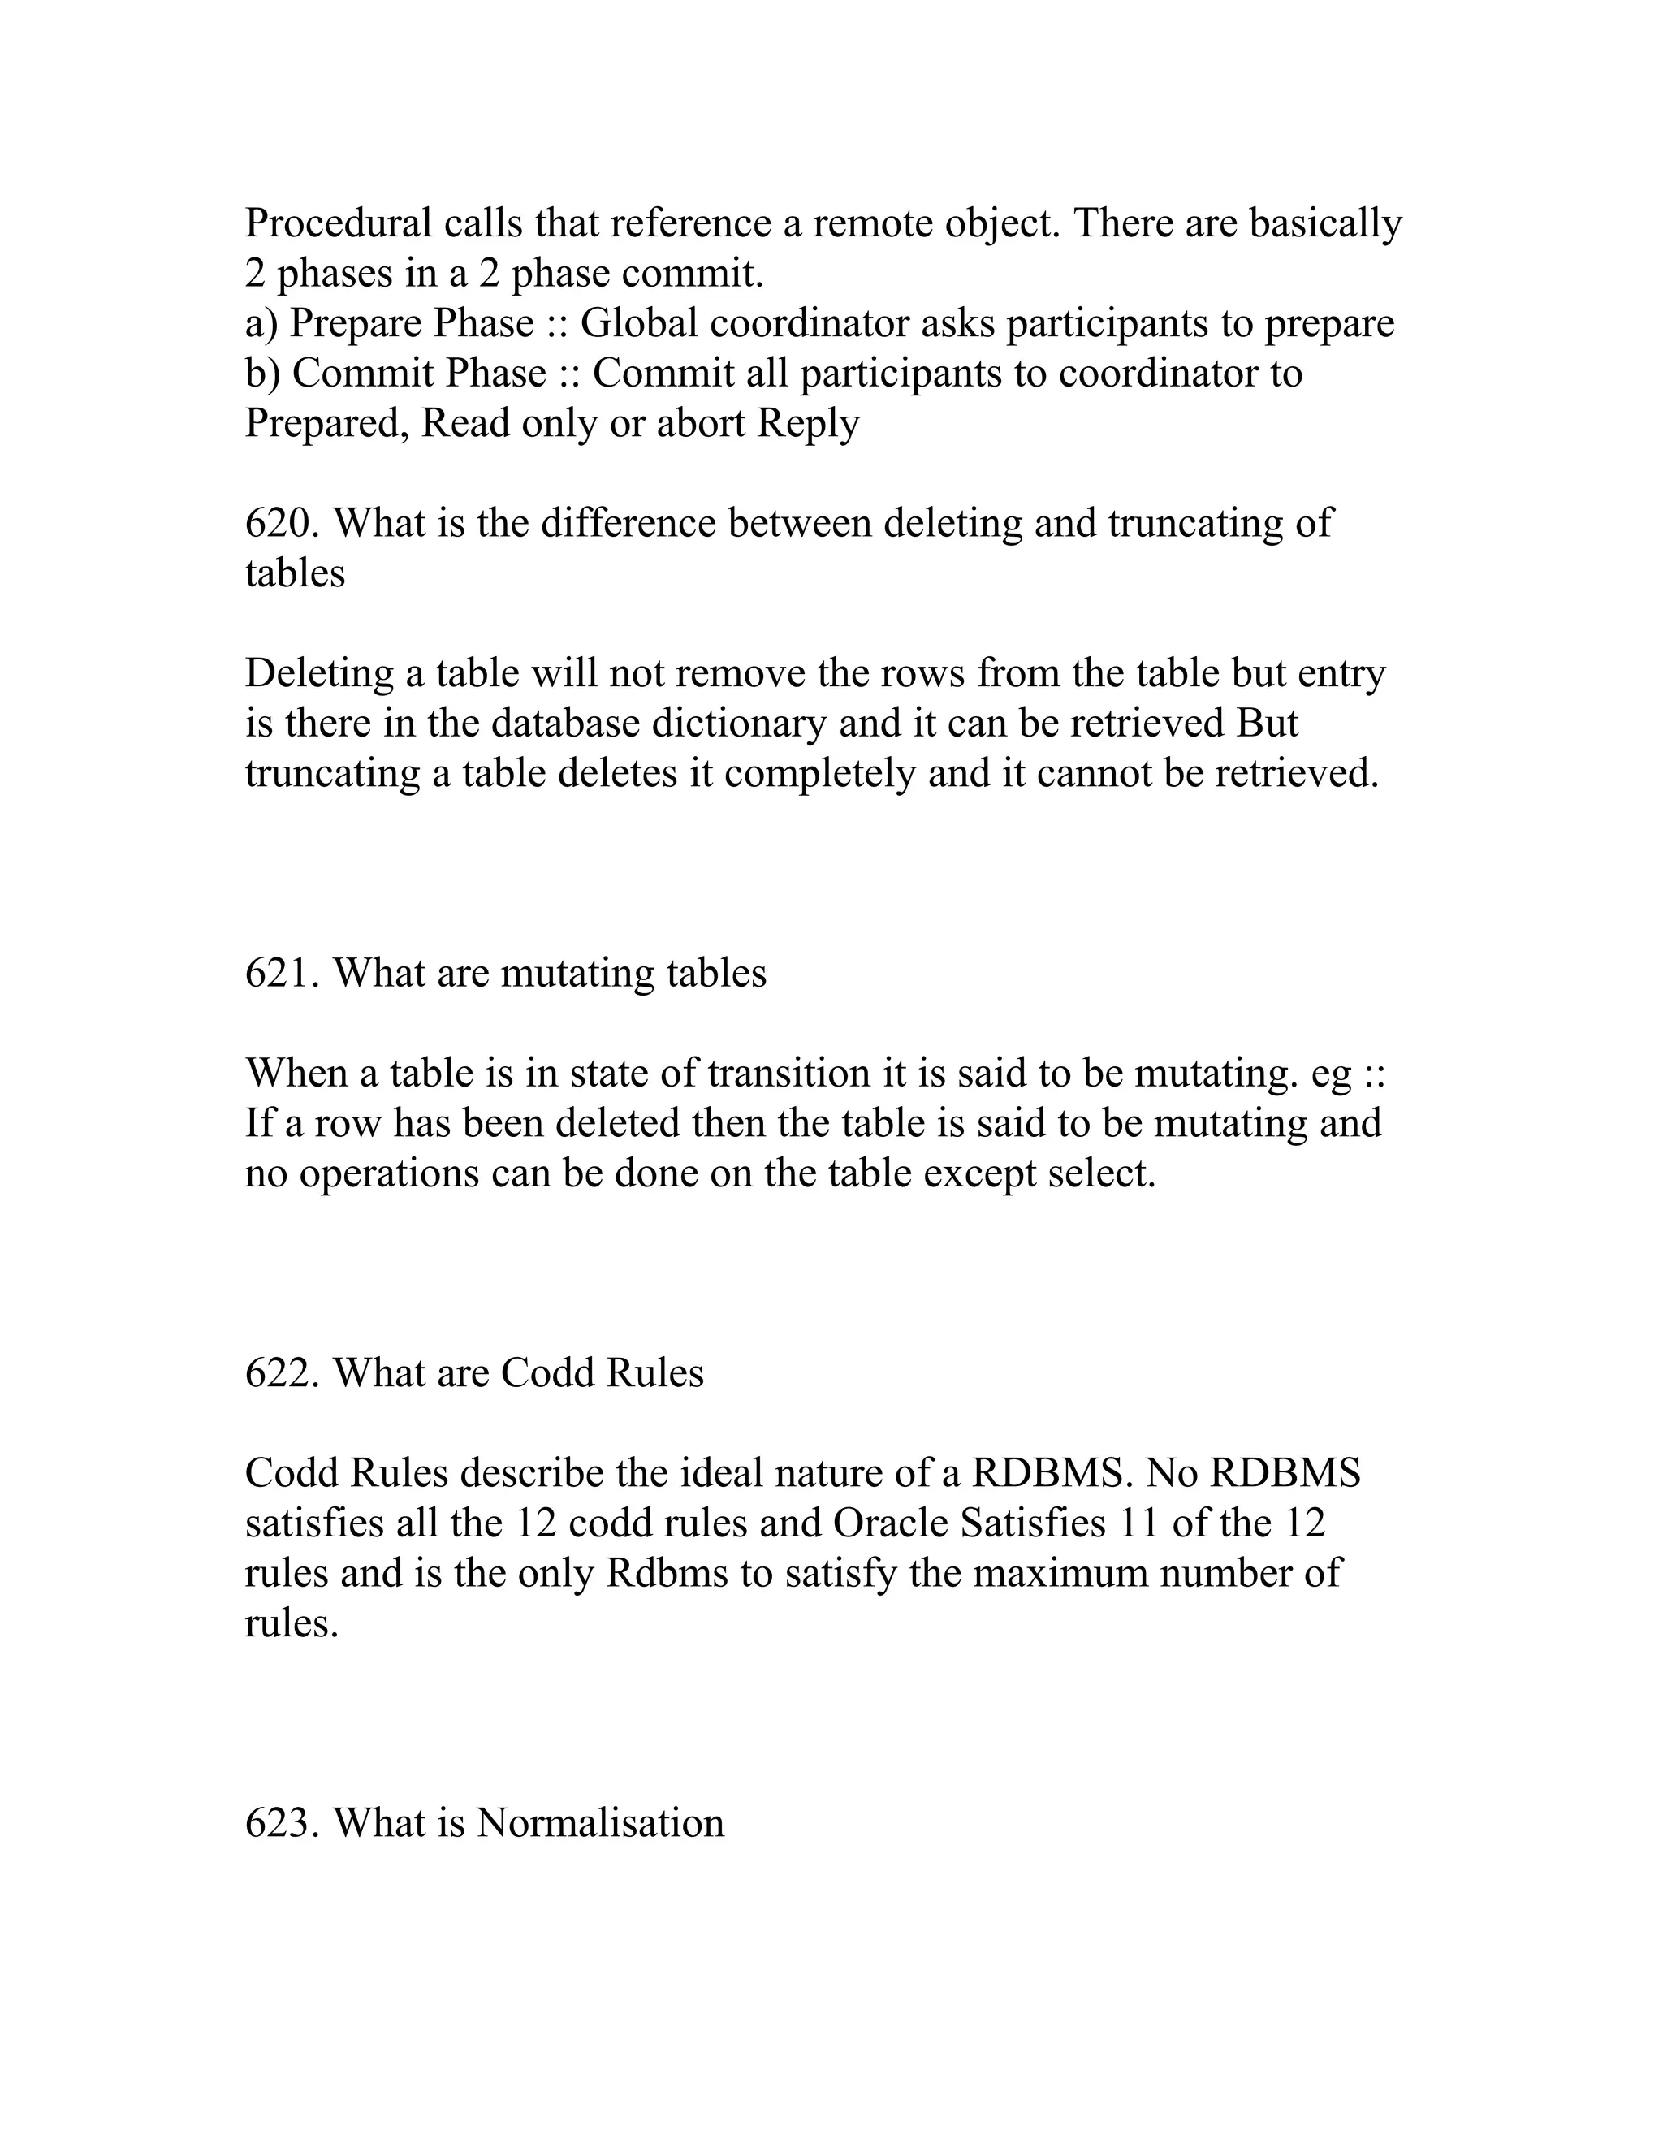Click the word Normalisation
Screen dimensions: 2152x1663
coord(600,1823)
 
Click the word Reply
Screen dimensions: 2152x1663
coord(808,424)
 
